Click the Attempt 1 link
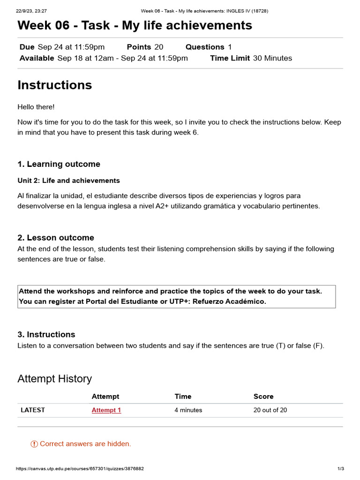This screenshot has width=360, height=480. coord(106,410)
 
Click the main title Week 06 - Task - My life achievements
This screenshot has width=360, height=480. coord(135,25)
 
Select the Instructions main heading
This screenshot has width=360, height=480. coord(55,85)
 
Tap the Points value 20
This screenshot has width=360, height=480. coord(159,47)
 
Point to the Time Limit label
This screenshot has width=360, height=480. coord(230,58)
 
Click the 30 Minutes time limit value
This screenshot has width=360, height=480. coord(272,58)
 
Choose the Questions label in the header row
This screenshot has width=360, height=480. coord(205,47)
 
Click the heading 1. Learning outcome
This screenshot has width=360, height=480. coord(59,164)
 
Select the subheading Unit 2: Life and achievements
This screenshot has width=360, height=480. coord(68,180)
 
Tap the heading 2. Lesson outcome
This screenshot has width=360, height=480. coord(56,238)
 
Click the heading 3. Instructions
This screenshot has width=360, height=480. coord(46,334)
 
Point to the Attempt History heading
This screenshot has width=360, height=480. coord(55,379)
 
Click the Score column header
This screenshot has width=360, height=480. coord(263,397)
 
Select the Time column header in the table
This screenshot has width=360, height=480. coord(183,397)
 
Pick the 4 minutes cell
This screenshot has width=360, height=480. coord(188,410)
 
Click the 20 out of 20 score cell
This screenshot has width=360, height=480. coord(270,410)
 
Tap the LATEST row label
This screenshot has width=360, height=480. coord(33,410)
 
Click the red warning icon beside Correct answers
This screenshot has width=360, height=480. coord(34,444)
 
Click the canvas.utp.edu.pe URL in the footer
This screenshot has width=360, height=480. coord(80,469)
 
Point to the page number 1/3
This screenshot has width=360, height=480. coord(341,469)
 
